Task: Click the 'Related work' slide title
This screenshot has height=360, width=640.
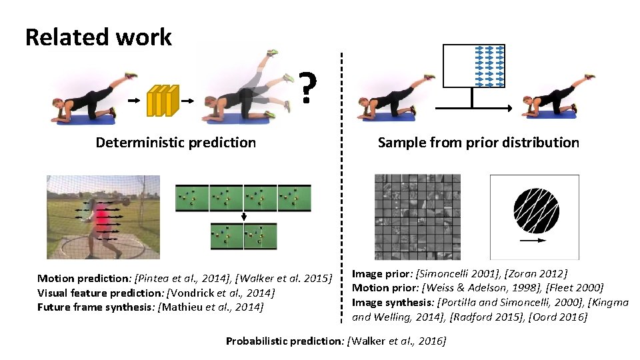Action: [x=98, y=37]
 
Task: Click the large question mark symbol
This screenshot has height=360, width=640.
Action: [x=306, y=87]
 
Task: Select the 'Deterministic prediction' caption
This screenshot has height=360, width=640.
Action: [x=175, y=143]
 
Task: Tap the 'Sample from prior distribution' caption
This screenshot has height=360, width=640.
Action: [x=478, y=143]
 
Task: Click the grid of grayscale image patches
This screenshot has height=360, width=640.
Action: [x=417, y=217]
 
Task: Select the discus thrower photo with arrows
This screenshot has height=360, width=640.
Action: [x=103, y=217]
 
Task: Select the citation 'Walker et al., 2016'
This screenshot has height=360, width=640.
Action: [x=397, y=341]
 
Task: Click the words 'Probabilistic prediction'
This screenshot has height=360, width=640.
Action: [x=283, y=341]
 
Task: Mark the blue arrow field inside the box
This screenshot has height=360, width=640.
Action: [x=489, y=65]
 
